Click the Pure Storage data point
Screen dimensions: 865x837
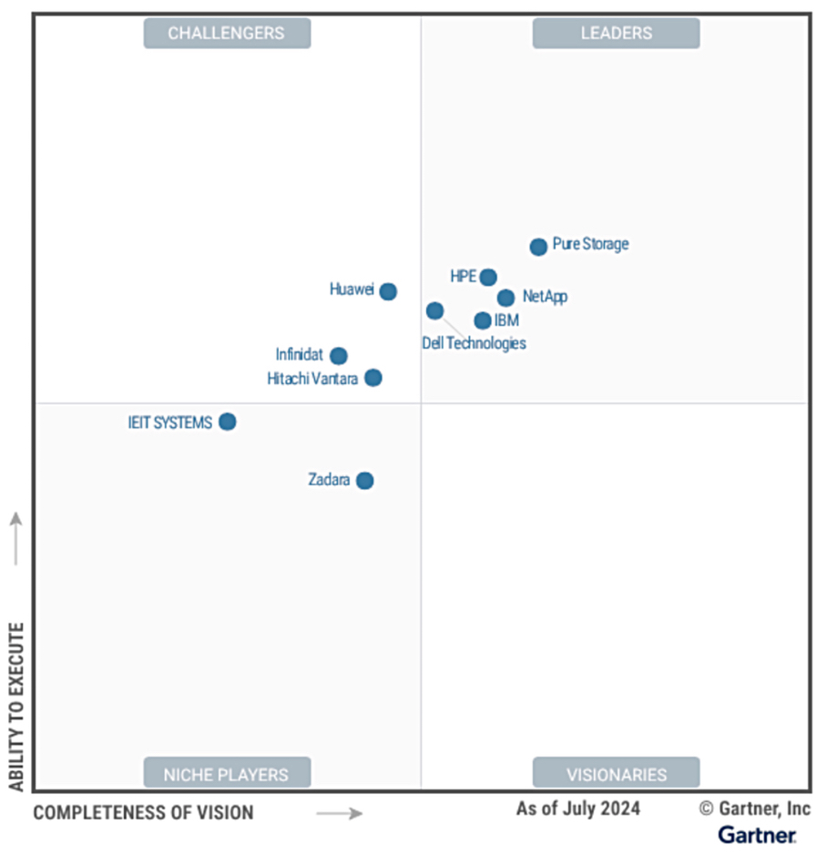[x=538, y=247]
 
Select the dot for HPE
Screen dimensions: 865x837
[x=488, y=277]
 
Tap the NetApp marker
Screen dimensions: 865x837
[x=505, y=298]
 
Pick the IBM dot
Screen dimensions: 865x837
[x=483, y=321]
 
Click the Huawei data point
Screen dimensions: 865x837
[x=388, y=291]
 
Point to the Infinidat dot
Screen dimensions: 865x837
[x=339, y=356]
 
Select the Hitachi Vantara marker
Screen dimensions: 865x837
[x=373, y=378]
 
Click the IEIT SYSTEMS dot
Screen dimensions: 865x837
[x=228, y=422]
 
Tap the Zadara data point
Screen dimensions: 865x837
[x=364, y=481]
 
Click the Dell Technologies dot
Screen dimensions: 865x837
[x=434, y=310]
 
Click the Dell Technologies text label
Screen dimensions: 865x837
[x=474, y=343]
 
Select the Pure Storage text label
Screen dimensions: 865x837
[x=590, y=244]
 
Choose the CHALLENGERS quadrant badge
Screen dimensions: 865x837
[x=227, y=34]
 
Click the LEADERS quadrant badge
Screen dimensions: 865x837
[x=617, y=34]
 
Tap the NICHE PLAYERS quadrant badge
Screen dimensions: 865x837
[x=227, y=775]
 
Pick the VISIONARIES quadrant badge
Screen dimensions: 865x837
[x=617, y=775]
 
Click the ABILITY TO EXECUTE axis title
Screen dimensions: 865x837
[x=15, y=706]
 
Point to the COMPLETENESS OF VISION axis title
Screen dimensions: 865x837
[x=144, y=812]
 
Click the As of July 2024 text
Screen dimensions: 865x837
[x=578, y=809]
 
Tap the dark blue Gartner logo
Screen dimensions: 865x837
[x=757, y=834]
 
